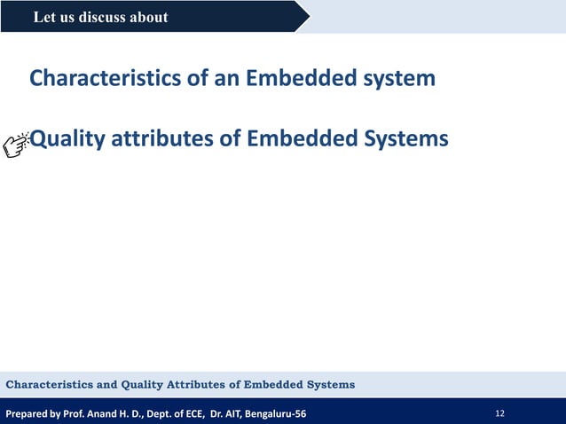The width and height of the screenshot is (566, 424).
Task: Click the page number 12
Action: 500,413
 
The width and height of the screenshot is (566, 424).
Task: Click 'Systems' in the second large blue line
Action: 403,139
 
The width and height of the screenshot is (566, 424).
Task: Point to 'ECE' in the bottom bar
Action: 191,413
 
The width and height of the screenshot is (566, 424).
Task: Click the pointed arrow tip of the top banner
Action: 308,17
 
